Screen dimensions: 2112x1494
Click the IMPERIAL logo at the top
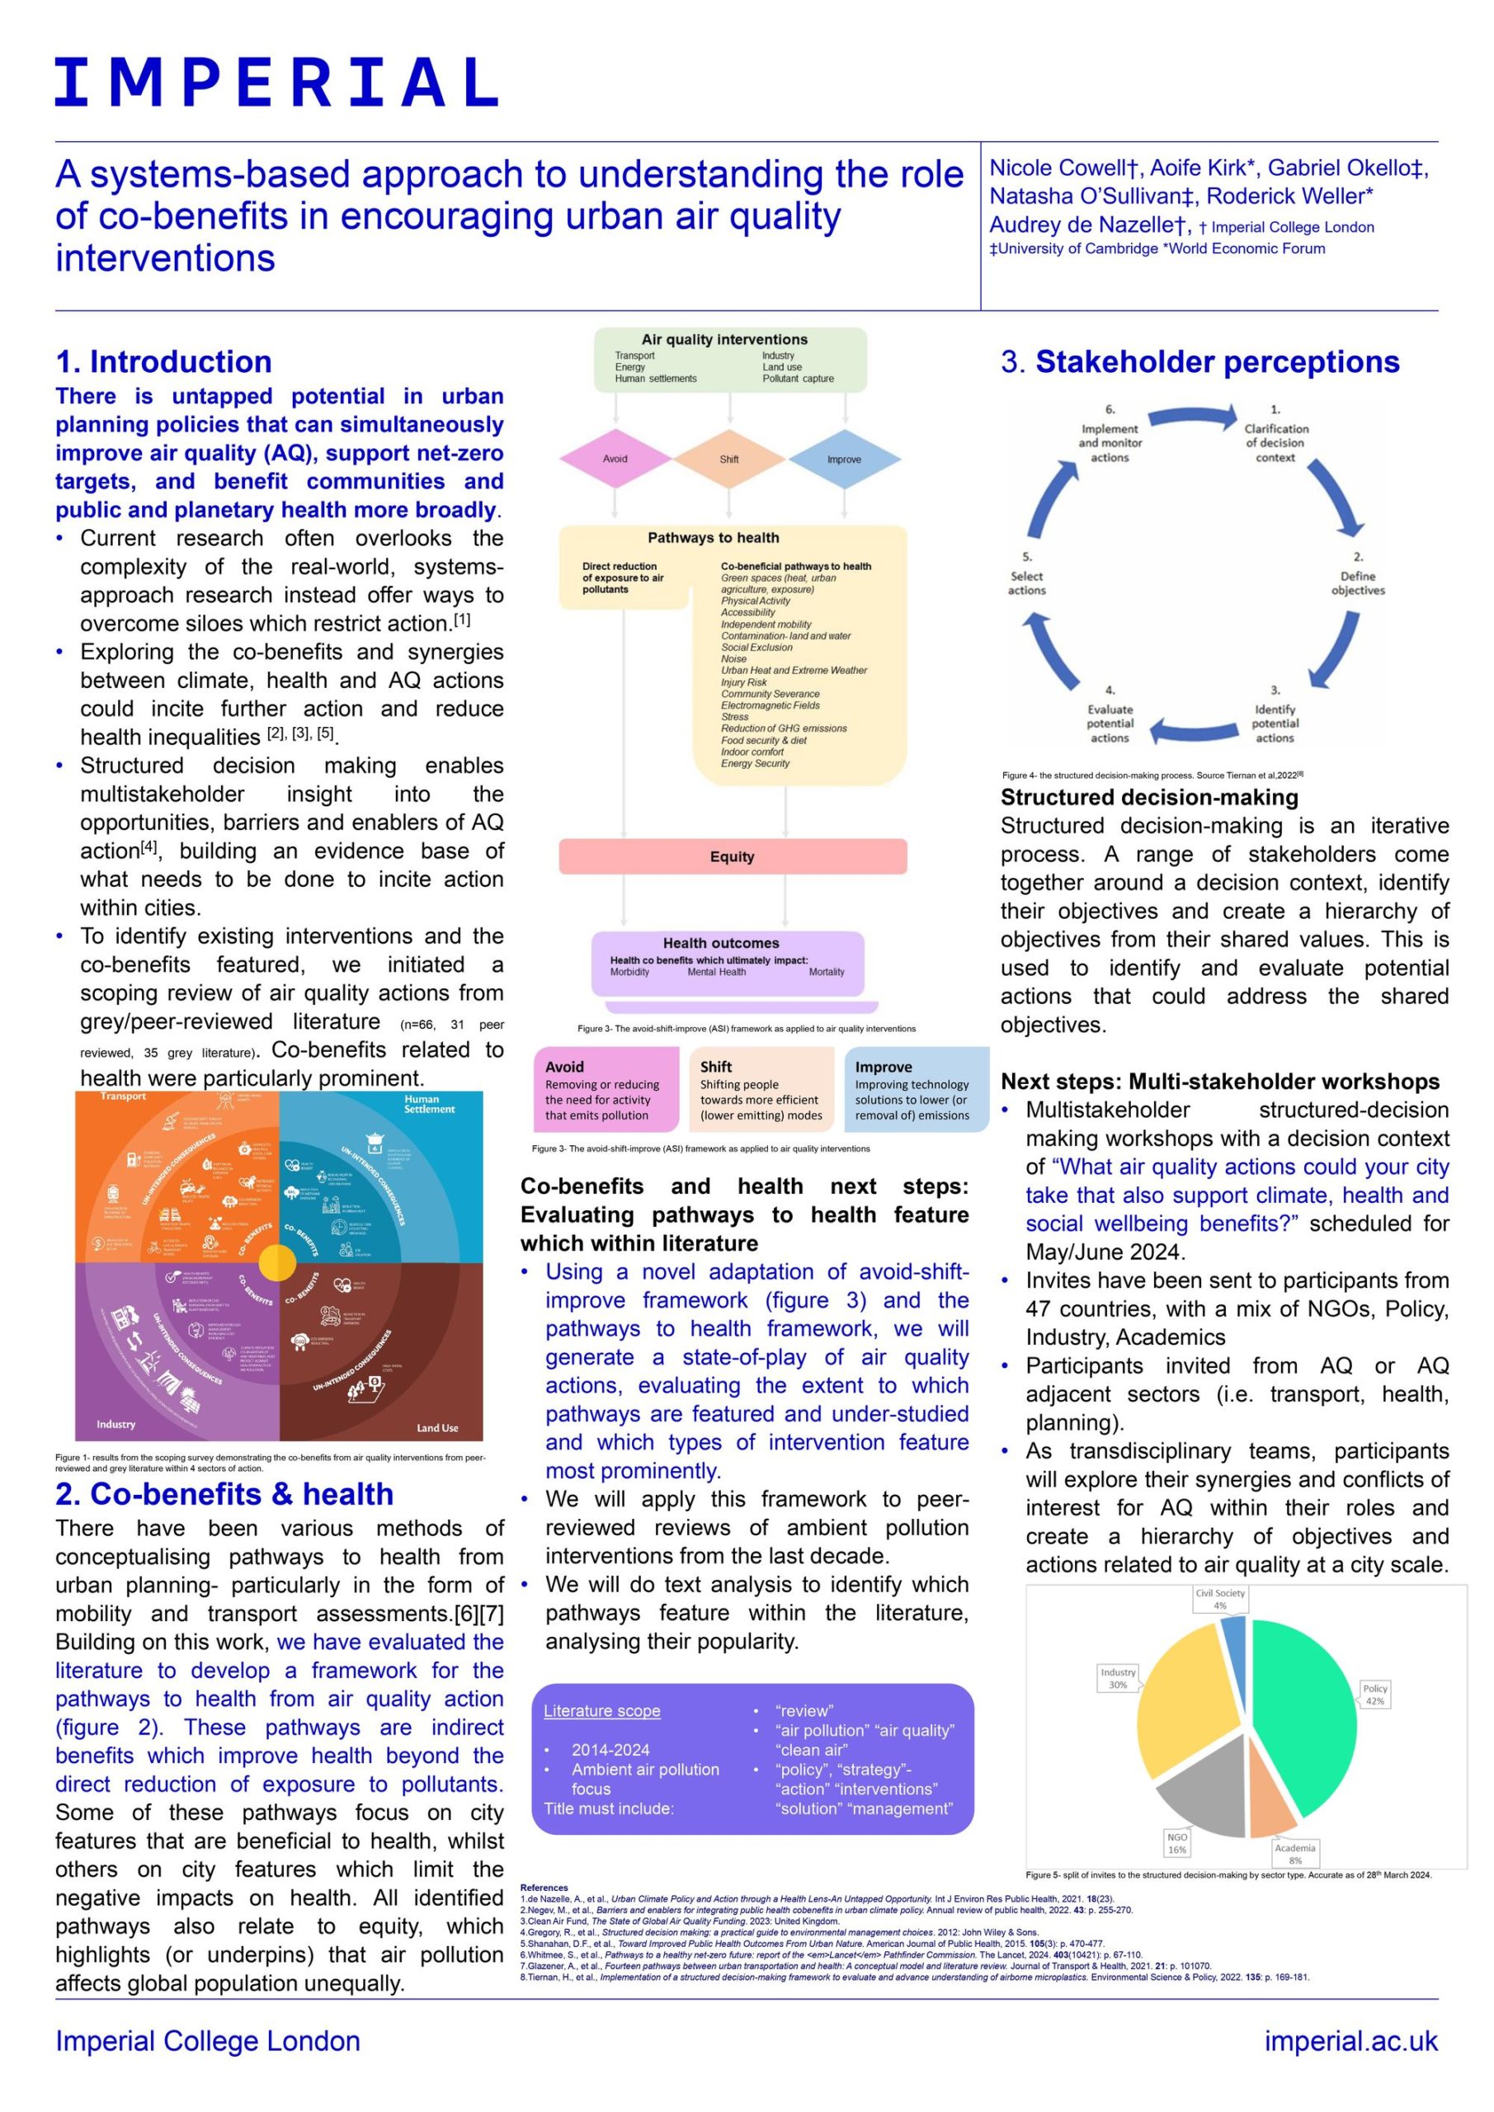click(276, 82)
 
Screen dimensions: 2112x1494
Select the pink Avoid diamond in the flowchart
click(615, 458)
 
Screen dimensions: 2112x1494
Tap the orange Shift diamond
click(728, 458)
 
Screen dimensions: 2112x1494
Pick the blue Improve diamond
click(844, 458)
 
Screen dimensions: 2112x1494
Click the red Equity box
click(733, 856)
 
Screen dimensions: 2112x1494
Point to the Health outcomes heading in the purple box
click(720, 943)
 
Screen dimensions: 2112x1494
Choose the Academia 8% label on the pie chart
click(1294, 1854)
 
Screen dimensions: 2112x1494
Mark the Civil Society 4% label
click(1220, 1599)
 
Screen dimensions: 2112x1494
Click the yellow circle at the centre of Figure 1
click(277, 1263)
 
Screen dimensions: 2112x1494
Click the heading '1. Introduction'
click(163, 361)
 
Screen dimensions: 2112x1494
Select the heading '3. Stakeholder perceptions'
click(1199, 361)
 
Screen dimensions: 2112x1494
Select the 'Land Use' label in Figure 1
click(437, 1427)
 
